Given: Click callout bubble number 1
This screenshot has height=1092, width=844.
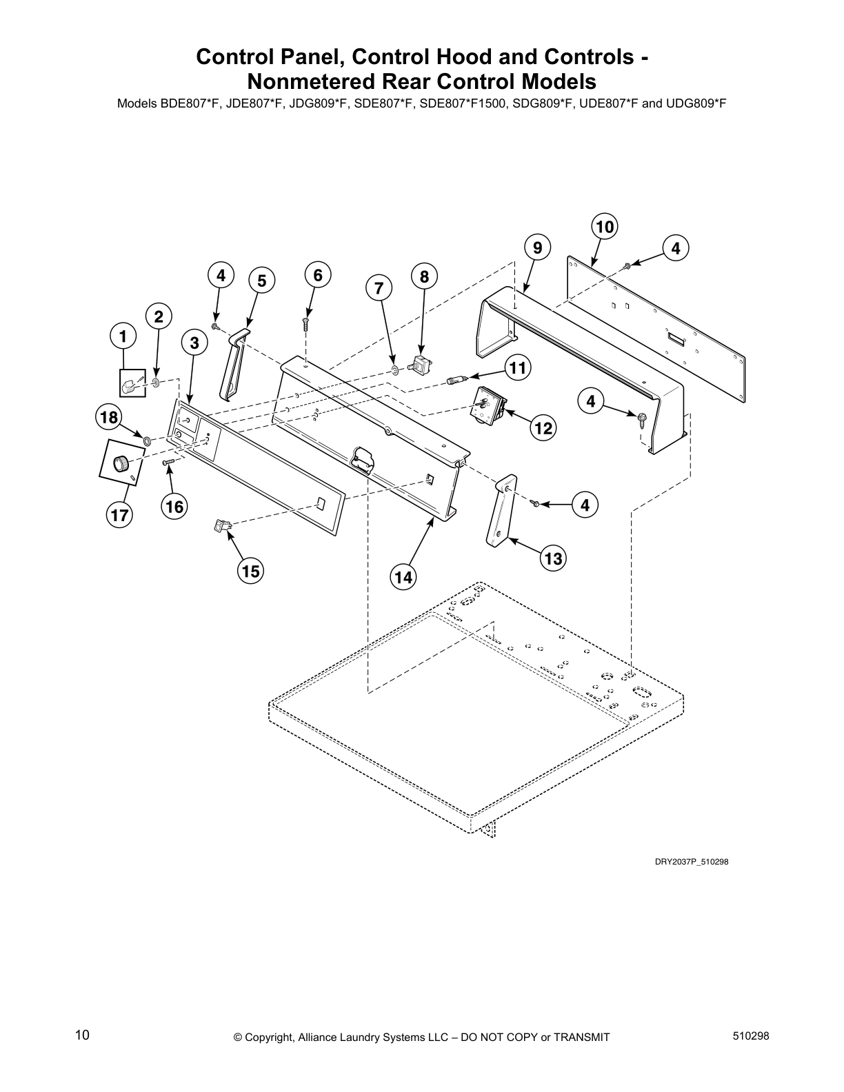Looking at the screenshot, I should pos(123,337).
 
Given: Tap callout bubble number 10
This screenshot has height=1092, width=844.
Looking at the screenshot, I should pos(605,226).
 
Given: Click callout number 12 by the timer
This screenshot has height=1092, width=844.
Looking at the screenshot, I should pos(543,428).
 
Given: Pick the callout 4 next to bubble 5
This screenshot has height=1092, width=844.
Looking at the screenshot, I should pos(221,276).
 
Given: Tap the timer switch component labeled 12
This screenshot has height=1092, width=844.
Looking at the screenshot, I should pos(487,403).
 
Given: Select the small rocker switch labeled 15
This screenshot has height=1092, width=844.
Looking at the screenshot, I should pos(223,527).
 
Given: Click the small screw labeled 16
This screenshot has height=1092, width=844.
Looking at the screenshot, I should pos(167,463).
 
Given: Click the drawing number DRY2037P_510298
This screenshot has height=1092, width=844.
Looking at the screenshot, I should pos(692,861).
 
